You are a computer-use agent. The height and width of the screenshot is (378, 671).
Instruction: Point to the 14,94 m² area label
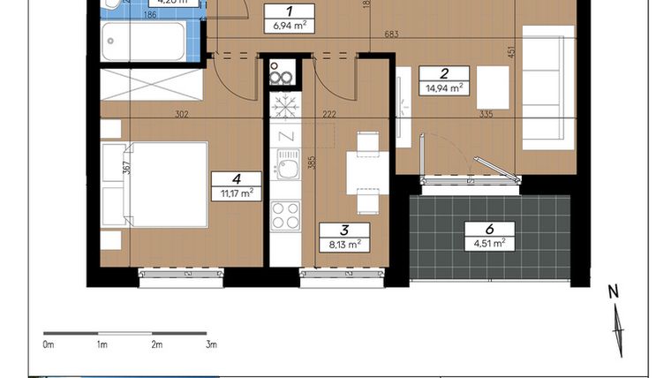click(x=445, y=87)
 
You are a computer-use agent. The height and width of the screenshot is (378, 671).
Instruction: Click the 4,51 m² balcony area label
click(x=486, y=243)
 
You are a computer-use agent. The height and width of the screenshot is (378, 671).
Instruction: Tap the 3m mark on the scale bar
click(x=211, y=344)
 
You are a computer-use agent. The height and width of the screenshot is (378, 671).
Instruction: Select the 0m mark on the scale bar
click(x=49, y=344)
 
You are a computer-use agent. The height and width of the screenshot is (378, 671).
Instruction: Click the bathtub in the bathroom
click(x=142, y=42)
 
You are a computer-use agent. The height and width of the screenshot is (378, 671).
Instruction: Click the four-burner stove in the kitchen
click(x=284, y=215)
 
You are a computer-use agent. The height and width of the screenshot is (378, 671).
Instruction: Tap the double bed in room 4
click(x=155, y=184)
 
